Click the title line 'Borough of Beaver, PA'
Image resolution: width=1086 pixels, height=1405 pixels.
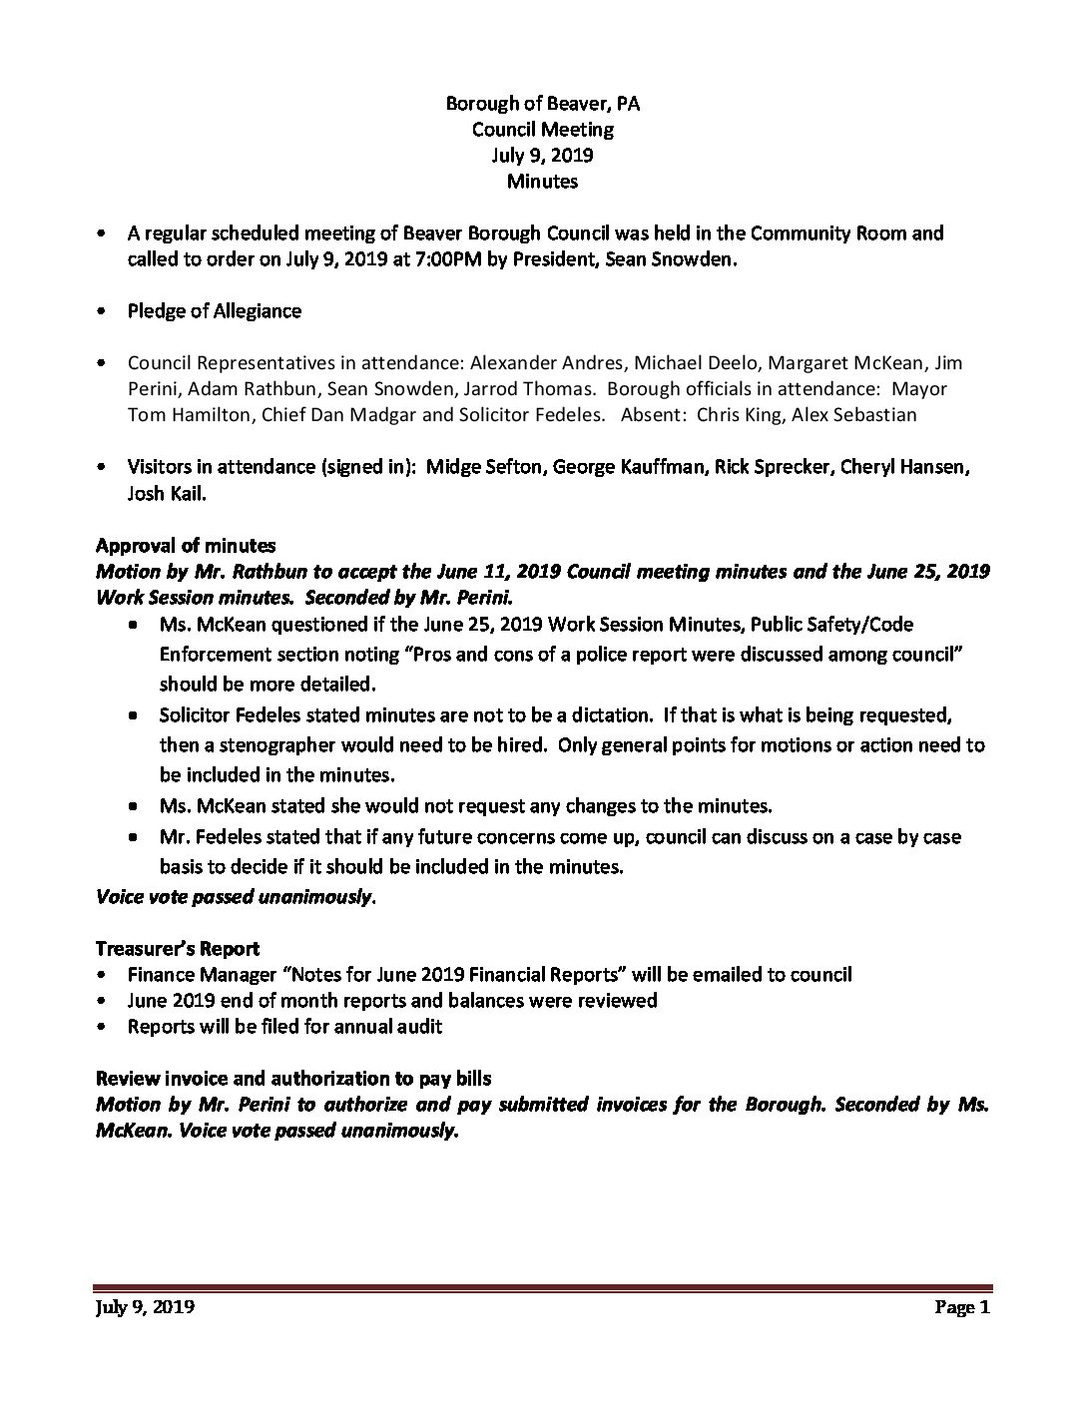coord(542,103)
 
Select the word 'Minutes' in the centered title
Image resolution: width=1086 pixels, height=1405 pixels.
coord(542,181)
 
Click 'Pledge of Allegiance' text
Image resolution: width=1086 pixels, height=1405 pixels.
coord(214,310)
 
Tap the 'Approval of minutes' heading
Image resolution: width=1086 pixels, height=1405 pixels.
coord(186,545)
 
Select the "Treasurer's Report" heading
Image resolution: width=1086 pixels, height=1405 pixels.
coord(178,948)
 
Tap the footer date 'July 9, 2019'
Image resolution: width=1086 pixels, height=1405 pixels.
coord(145,1307)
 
